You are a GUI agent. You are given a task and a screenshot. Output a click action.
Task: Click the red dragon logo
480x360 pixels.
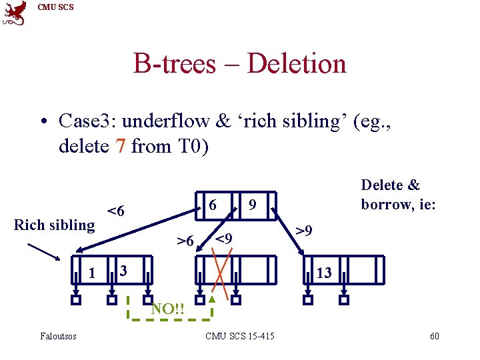[x=15, y=13]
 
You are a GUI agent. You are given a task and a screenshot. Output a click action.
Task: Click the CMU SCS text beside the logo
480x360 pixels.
[x=55, y=7]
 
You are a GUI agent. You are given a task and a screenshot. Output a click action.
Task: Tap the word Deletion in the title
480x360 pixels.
[x=297, y=64]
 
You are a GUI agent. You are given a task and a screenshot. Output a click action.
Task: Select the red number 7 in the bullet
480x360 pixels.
[x=119, y=145]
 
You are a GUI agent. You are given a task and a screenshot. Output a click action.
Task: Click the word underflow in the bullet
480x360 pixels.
[x=169, y=121]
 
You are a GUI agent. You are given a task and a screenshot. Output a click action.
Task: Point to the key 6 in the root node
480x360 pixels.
[x=213, y=205]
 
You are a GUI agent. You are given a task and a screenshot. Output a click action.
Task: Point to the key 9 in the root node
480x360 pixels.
[x=253, y=205]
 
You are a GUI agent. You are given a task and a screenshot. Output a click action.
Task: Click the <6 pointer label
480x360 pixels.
[x=116, y=211]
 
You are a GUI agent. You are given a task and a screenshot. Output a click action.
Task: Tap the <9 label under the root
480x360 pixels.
[x=223, y=238]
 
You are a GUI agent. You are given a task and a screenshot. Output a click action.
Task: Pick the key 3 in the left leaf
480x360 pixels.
[x=122, y=271]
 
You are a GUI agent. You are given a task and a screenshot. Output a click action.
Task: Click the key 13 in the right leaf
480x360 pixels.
[x=324, y=272]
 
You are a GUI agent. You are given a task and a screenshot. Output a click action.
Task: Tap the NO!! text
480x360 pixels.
[x=167, y=309]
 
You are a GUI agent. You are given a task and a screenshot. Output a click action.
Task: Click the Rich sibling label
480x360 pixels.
[x=55, y=225]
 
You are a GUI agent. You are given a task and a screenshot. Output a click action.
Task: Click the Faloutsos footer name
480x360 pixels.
[x=58, y=336]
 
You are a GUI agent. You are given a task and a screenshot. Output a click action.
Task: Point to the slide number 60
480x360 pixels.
[x=434, y=336]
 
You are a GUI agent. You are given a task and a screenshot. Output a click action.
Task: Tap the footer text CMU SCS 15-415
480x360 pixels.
[x=240, y=336]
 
